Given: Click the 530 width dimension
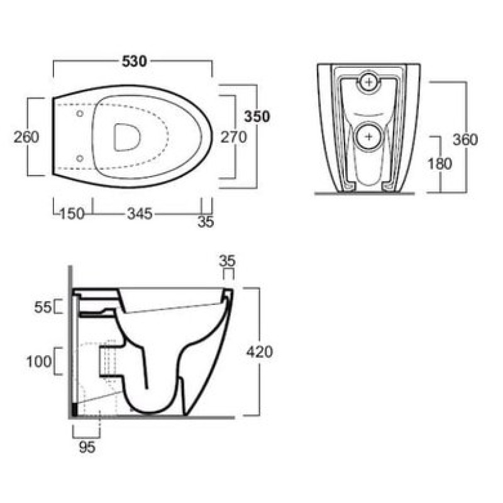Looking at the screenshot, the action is [x=135, y=61].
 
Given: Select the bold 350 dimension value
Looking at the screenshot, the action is [x=257, y=117].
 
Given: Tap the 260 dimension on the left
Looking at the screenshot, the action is [x=26, y=137].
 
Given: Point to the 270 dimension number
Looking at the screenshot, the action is [x=234, y=137].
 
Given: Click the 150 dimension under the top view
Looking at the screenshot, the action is [x=72, y=214].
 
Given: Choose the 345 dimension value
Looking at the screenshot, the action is [x=140, y=214].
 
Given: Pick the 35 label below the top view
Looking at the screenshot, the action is [x=206, y=222].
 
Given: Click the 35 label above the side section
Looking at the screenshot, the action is [x=227, y=261].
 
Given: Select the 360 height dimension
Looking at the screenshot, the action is [x=465, y=140].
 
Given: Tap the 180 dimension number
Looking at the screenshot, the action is [x=439, y=164].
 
